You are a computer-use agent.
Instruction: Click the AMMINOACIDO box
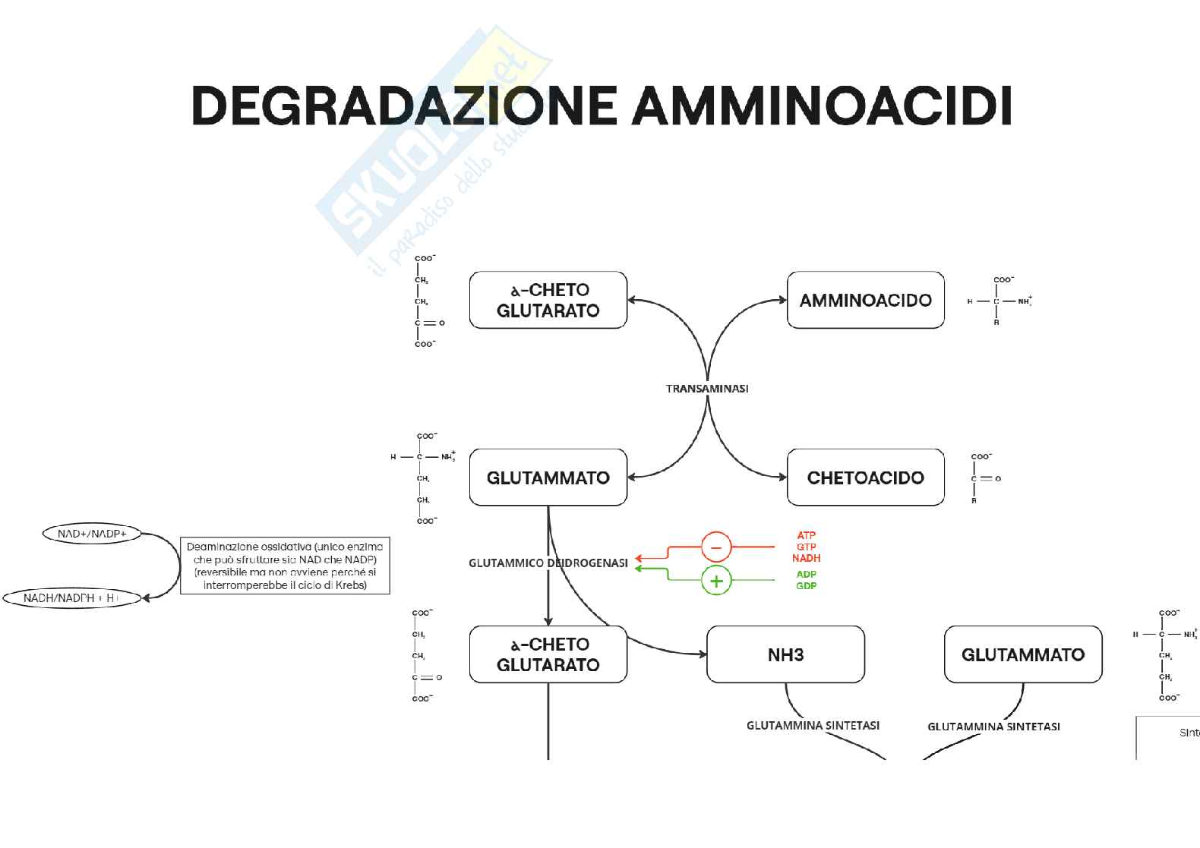tap(865, 300)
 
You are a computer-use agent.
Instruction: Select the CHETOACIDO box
tap(865, 478)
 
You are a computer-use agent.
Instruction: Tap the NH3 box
tap(785, 654)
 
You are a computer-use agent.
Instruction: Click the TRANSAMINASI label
tap(707, 389)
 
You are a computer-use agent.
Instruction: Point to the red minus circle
tap(715, 547)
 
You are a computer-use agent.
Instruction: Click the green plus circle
tap(715, 581)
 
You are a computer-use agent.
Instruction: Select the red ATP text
tap(806, 535)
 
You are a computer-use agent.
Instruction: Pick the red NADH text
tap(806, 558)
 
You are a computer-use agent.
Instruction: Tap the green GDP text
tap(806, 585)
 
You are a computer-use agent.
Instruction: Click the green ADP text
tap(806, 574)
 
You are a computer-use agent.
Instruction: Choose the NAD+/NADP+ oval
tap(93, 534)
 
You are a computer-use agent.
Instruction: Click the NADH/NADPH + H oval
tap(72, 598)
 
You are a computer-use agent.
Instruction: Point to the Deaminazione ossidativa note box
tap(285, 566)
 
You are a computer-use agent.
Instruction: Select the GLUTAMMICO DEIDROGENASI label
tap(548, 563)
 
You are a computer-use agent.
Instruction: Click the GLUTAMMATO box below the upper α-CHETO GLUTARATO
tap(548, 478)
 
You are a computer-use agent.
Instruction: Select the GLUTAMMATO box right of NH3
tap(1022, 654)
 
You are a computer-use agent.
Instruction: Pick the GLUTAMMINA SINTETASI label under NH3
tap(813, 725)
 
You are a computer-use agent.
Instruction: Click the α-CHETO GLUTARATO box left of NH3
tap(548, 654)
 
